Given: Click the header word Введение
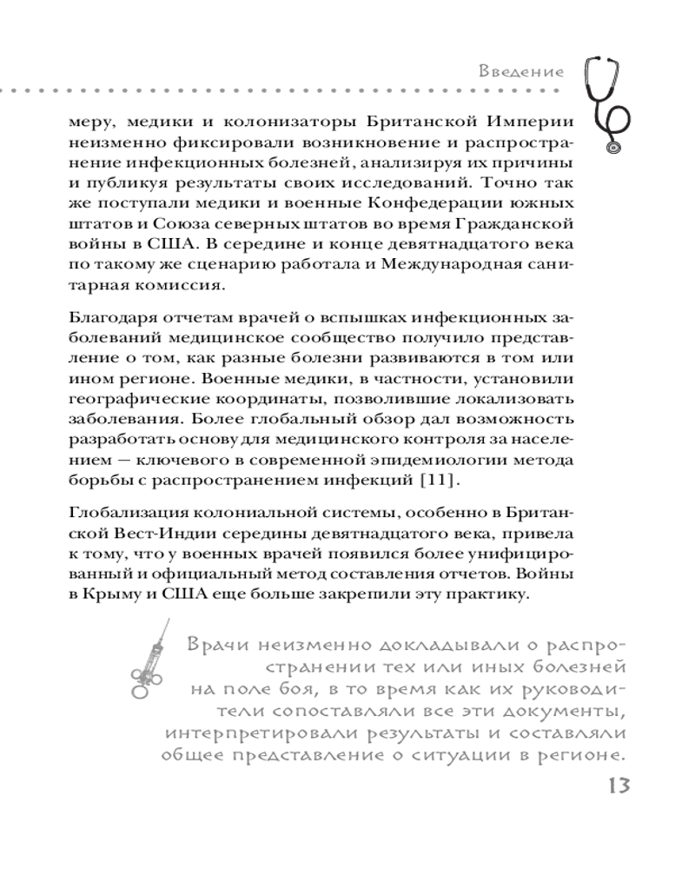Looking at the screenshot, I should [520, 72].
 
